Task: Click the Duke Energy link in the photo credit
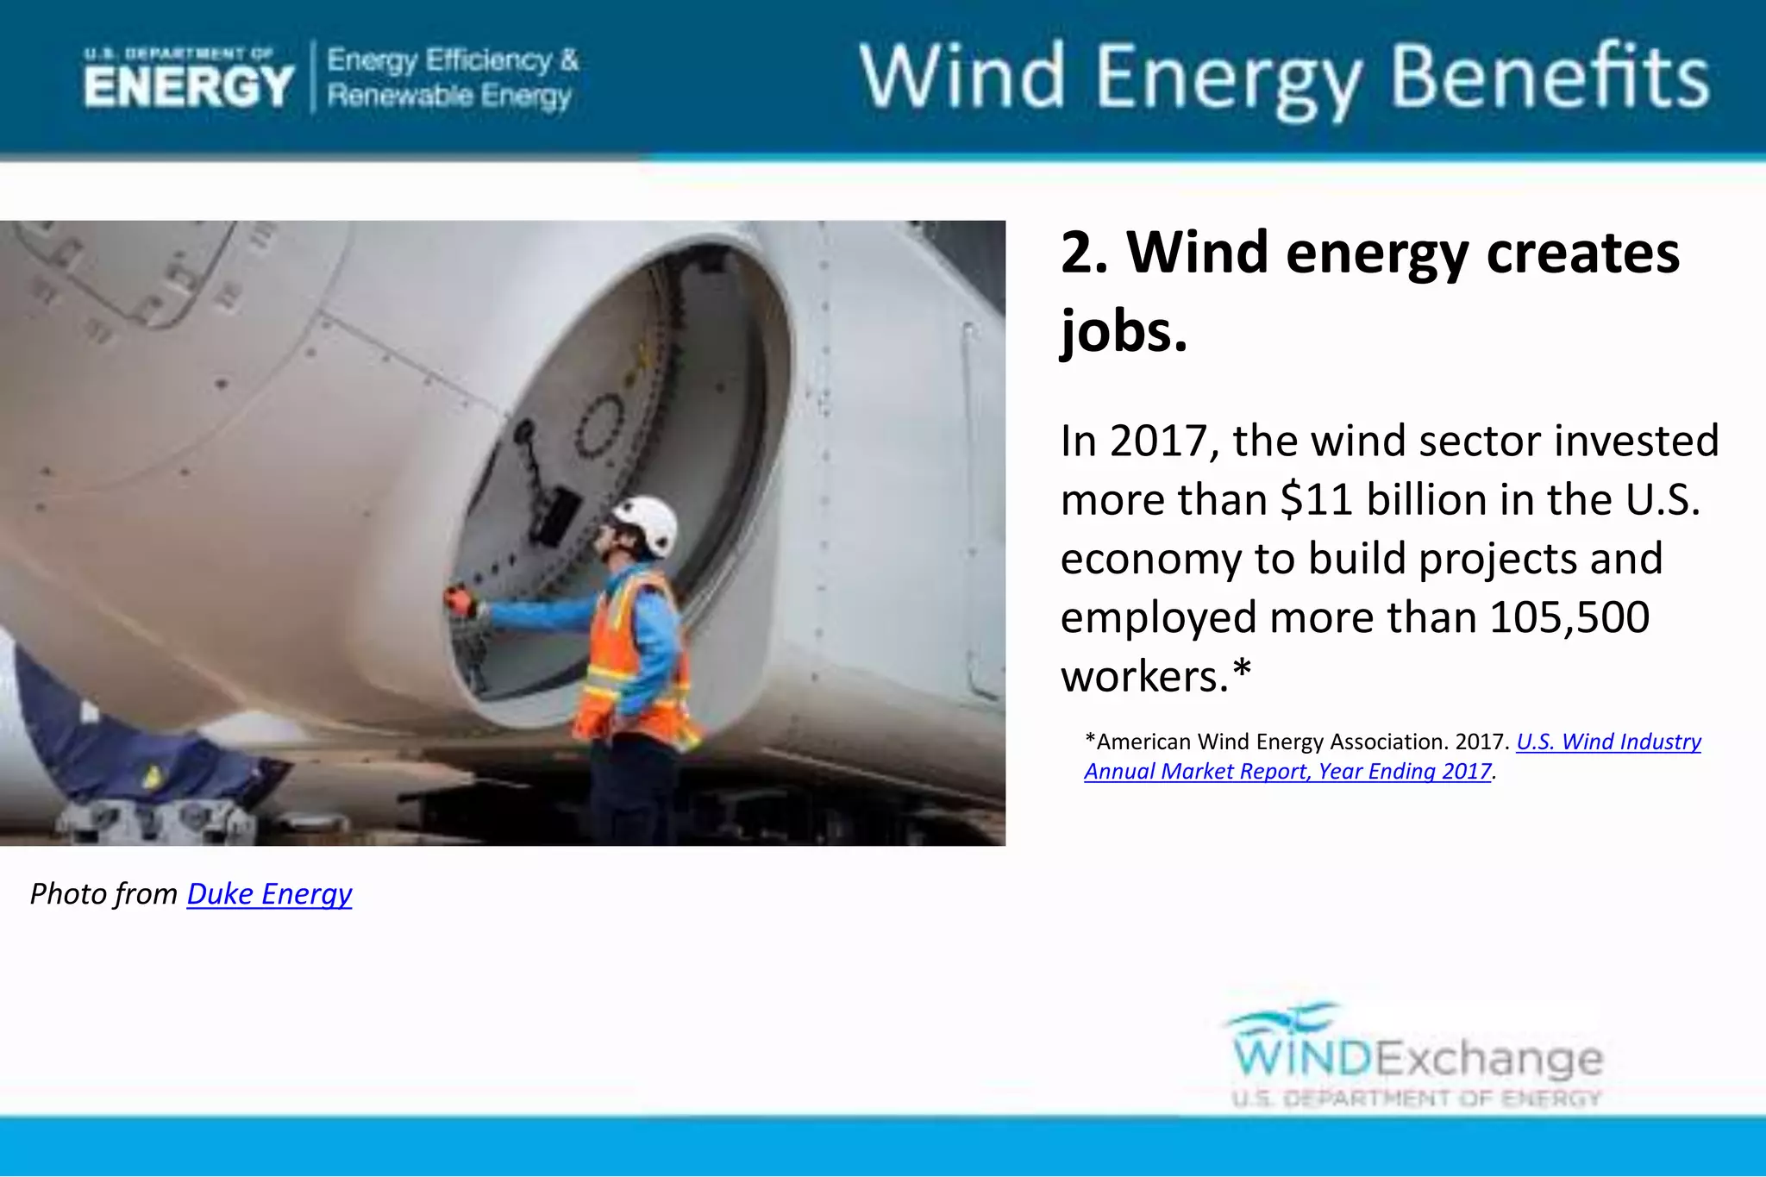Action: (269, 894)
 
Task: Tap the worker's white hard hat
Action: (647, 523)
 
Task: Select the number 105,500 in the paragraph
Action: (1569, 617)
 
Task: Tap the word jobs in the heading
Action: (1124, 331)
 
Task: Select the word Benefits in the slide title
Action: (1550, 78)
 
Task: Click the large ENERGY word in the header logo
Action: (189, 87)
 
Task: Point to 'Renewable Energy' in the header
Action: (448, 96)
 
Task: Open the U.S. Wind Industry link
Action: (1608, 742)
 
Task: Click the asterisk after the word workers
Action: (1241, 673)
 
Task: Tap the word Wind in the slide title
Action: (961, 78)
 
